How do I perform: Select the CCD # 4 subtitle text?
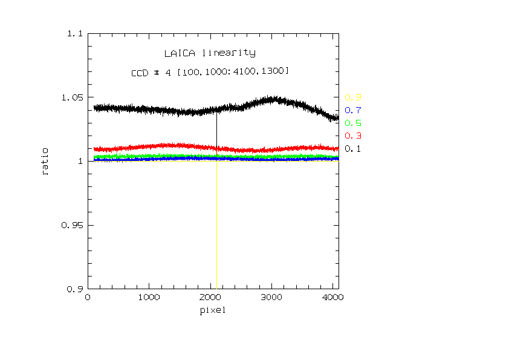210,72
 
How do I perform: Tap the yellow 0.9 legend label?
353,97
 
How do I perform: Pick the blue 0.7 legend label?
353,110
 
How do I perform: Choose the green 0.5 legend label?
353,123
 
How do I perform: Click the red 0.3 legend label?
353,136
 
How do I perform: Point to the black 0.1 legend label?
353,148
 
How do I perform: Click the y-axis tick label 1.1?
74,34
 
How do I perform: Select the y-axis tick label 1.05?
72,97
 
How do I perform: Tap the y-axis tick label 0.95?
72,225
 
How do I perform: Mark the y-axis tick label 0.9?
74,289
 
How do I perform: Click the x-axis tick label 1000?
149,298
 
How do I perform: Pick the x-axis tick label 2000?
210,298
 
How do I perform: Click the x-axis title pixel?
212,311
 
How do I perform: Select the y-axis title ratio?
46,162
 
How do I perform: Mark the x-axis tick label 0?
88,298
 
